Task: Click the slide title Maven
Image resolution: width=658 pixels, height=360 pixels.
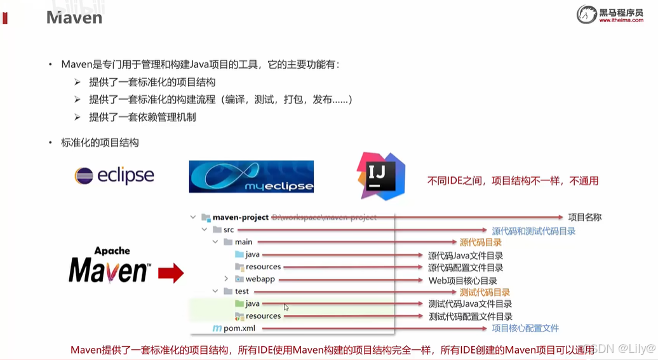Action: point(74,17)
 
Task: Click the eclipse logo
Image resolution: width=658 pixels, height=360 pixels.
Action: point(114,175)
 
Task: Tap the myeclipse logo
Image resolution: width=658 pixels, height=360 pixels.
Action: point(252,177)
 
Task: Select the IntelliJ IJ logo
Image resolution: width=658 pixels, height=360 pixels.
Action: point(381,176)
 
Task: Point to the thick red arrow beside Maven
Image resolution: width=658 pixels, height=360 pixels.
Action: point(170,273)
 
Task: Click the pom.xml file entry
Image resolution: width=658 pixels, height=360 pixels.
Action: point(238,328)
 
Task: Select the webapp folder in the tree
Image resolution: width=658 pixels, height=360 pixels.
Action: point(259,279)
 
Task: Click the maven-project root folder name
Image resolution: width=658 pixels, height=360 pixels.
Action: point(240,217)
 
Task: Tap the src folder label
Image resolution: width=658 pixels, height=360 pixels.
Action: point(229,229)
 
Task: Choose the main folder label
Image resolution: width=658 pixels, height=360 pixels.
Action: point(243,242)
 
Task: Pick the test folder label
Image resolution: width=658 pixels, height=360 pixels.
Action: point(242,291)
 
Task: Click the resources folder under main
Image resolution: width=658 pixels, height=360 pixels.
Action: point(263,267)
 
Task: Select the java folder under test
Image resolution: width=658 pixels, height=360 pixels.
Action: point(252,303)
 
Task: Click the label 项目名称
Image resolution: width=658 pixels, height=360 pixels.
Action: point(584,217)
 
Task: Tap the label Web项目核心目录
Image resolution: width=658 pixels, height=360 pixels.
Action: point(462,280)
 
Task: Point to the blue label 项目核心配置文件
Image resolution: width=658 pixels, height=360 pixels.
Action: point(525,328)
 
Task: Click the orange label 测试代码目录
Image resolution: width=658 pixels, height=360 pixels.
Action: point(485,292)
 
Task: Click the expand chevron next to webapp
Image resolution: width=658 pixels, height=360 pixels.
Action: point(226,279)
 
